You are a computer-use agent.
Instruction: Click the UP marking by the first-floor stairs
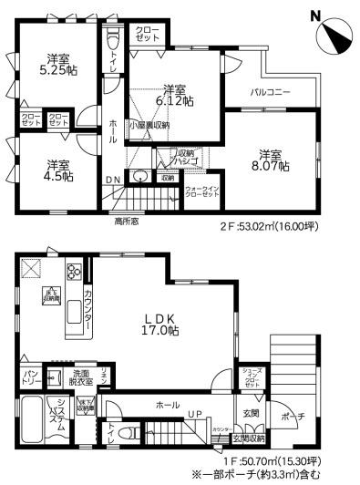[x=194, y=416]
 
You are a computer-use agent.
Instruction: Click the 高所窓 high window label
[x=127, y=222]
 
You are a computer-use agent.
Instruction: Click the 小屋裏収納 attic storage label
[x=147, y=125]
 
